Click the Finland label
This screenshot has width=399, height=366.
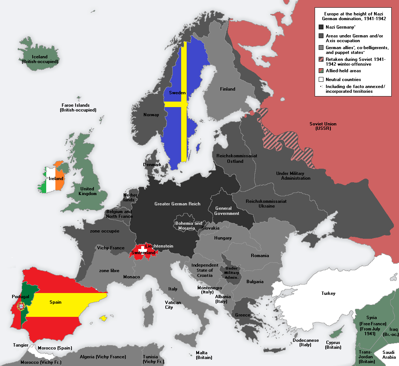[227, 89]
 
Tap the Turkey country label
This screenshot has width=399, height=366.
[328, 293]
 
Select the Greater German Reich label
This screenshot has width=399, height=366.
[177, 204]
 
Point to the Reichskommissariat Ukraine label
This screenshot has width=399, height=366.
[266, 204]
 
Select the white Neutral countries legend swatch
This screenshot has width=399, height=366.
[321, 79]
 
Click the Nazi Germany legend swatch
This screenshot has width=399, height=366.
[321, 27]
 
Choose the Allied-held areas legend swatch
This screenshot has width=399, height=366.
[321, 71]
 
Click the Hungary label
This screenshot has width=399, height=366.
[223, 238]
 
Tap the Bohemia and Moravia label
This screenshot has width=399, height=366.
[188, 226]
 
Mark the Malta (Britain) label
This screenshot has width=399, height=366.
[204, 355]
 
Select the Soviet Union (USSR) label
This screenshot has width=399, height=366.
[323, 126]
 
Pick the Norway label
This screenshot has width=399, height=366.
[151, 115]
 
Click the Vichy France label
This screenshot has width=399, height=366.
[111, 248]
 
